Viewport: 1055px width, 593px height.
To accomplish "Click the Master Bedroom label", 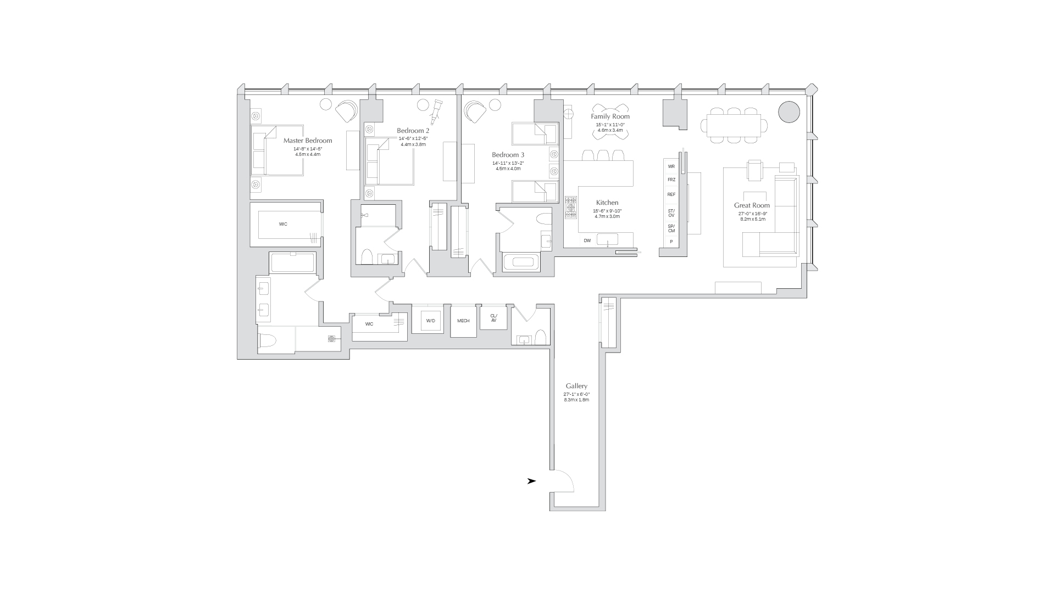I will pos(308,141).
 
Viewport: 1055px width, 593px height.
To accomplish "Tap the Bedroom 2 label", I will pos(413,131).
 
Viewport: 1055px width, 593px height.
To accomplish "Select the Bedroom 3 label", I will pos(508,155).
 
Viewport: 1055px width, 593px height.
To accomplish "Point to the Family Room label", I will pos(610,116).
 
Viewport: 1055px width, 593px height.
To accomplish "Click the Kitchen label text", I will pos(607,203).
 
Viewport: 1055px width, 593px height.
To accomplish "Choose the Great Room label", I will pos(752,205).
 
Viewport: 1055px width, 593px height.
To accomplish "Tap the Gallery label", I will pos(576,386).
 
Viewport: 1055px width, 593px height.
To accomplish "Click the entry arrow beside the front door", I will pos(531,481).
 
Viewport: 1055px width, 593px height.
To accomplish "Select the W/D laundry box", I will pos(431,321).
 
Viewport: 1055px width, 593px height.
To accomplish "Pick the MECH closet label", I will pos(463,321).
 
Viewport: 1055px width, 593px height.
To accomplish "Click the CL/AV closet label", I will pos(493,318).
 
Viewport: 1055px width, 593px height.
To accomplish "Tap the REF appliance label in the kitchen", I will pos(671,194).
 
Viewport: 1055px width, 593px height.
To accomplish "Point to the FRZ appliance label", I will pos(671,180).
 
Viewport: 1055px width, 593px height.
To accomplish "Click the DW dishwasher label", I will pos(587,240).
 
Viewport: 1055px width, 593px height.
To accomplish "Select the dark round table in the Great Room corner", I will pos(789,111).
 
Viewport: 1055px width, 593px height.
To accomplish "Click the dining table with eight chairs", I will pos(734,125).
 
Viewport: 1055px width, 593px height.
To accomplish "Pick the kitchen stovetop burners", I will pos(571,208).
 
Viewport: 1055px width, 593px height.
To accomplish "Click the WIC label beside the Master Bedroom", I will pos(283,224).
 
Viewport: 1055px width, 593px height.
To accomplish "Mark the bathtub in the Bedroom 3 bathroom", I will pos(521,262).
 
